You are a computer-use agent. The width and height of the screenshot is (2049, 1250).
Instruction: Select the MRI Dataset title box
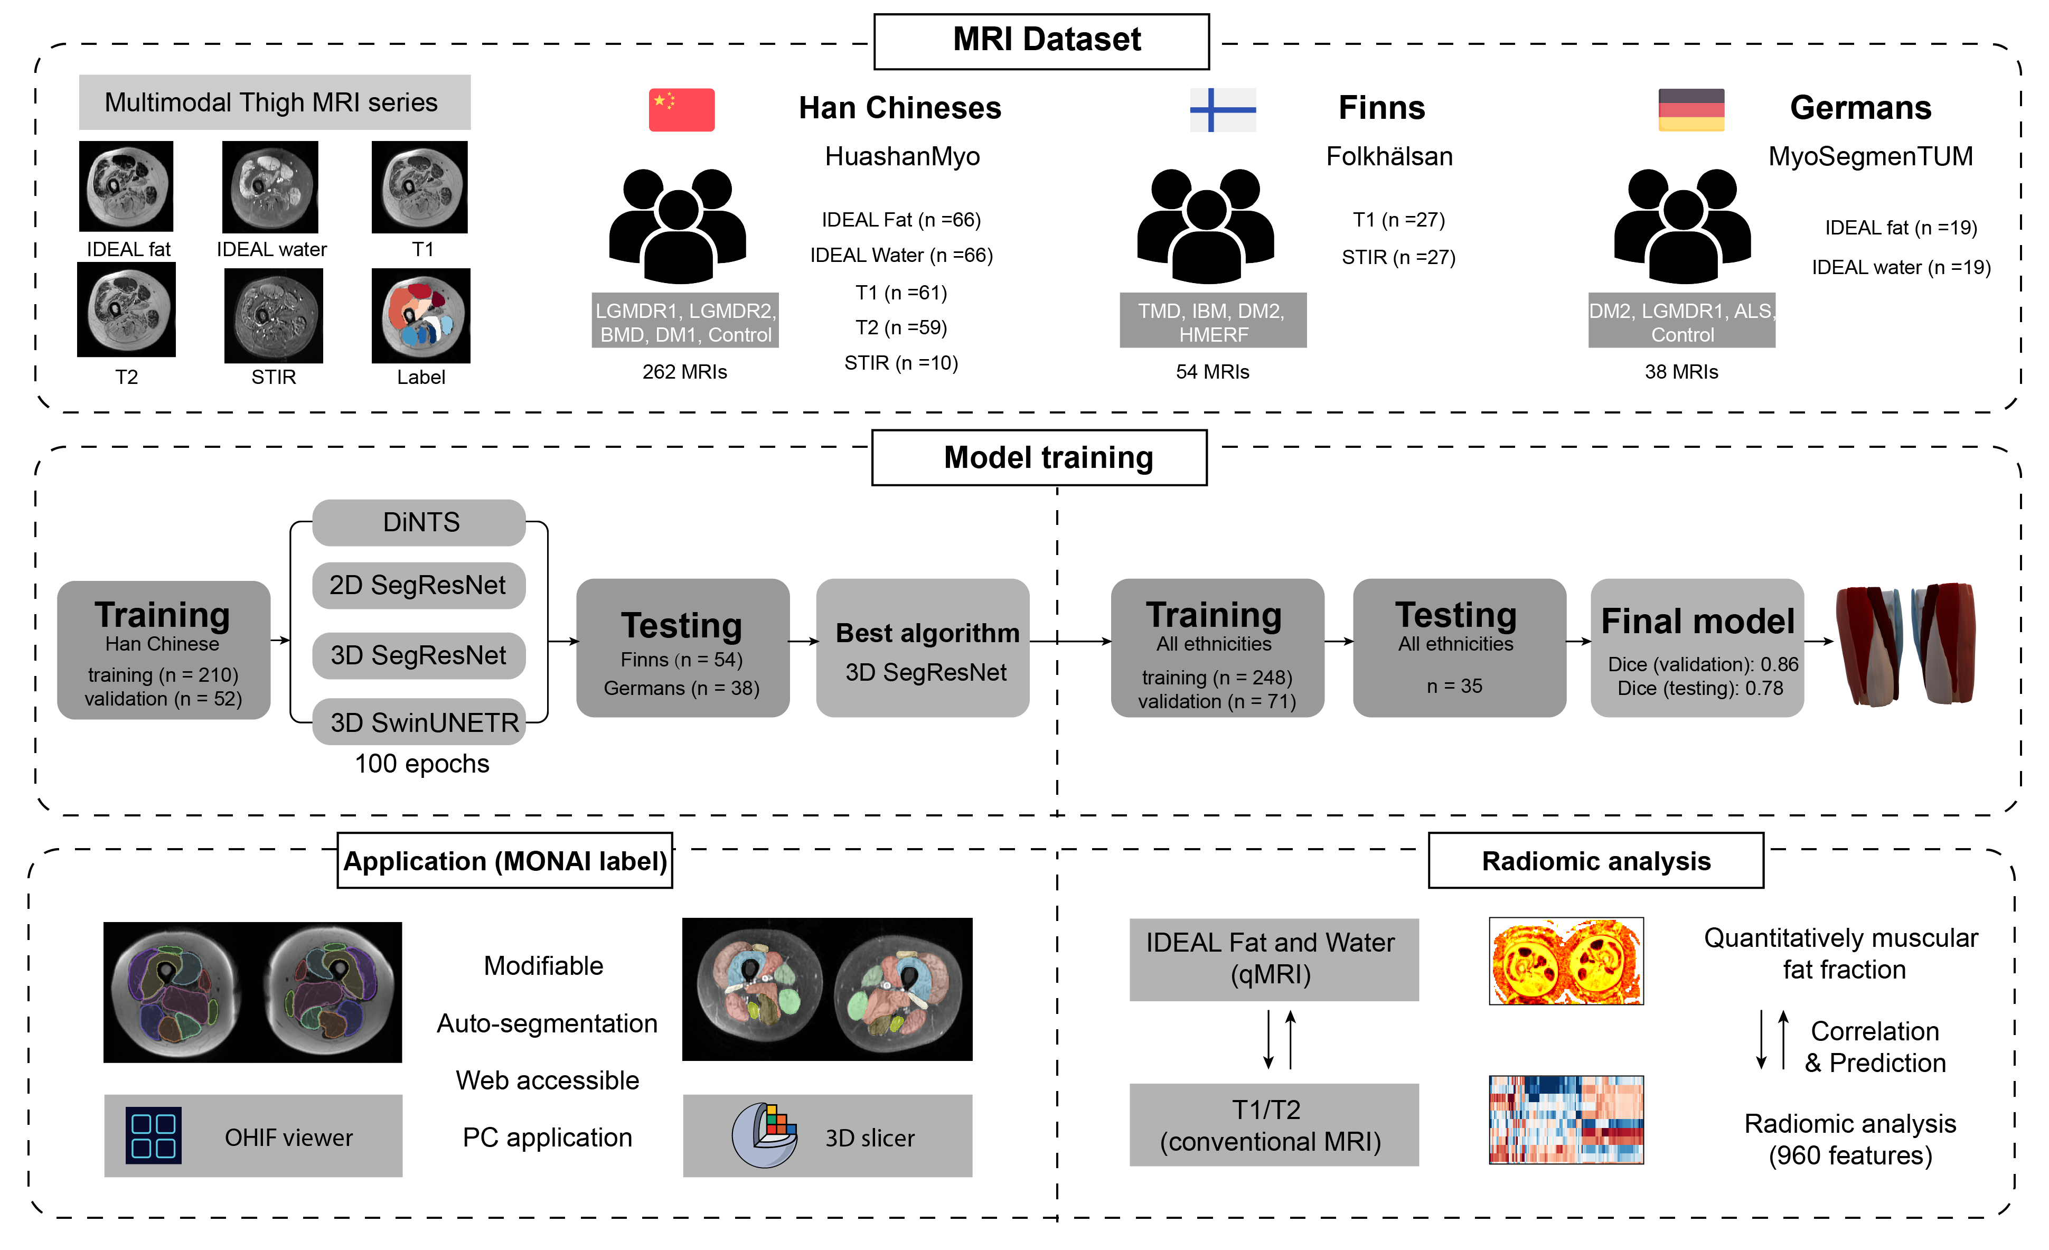[x=1041, y=41]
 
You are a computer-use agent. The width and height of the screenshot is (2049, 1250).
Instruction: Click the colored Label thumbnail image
[x=421, y=315]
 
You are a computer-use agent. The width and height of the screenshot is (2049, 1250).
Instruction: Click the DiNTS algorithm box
[x=419, y=522]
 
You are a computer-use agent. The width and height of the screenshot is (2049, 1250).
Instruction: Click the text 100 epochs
[x=421, y=764]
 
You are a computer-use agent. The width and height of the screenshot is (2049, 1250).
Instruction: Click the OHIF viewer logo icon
[x=153, y=1135]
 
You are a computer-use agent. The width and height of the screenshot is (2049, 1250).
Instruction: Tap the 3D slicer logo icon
[x=764, y=1135]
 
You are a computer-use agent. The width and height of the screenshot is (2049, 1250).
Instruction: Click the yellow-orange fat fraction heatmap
[x=1565, y=962]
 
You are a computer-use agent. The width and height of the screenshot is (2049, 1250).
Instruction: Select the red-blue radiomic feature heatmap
[x=1565, y=1120]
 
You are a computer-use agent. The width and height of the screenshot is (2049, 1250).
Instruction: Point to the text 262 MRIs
[x=684, y=372]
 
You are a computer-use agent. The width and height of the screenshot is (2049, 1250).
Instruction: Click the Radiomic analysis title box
[x=1595, y=861]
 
